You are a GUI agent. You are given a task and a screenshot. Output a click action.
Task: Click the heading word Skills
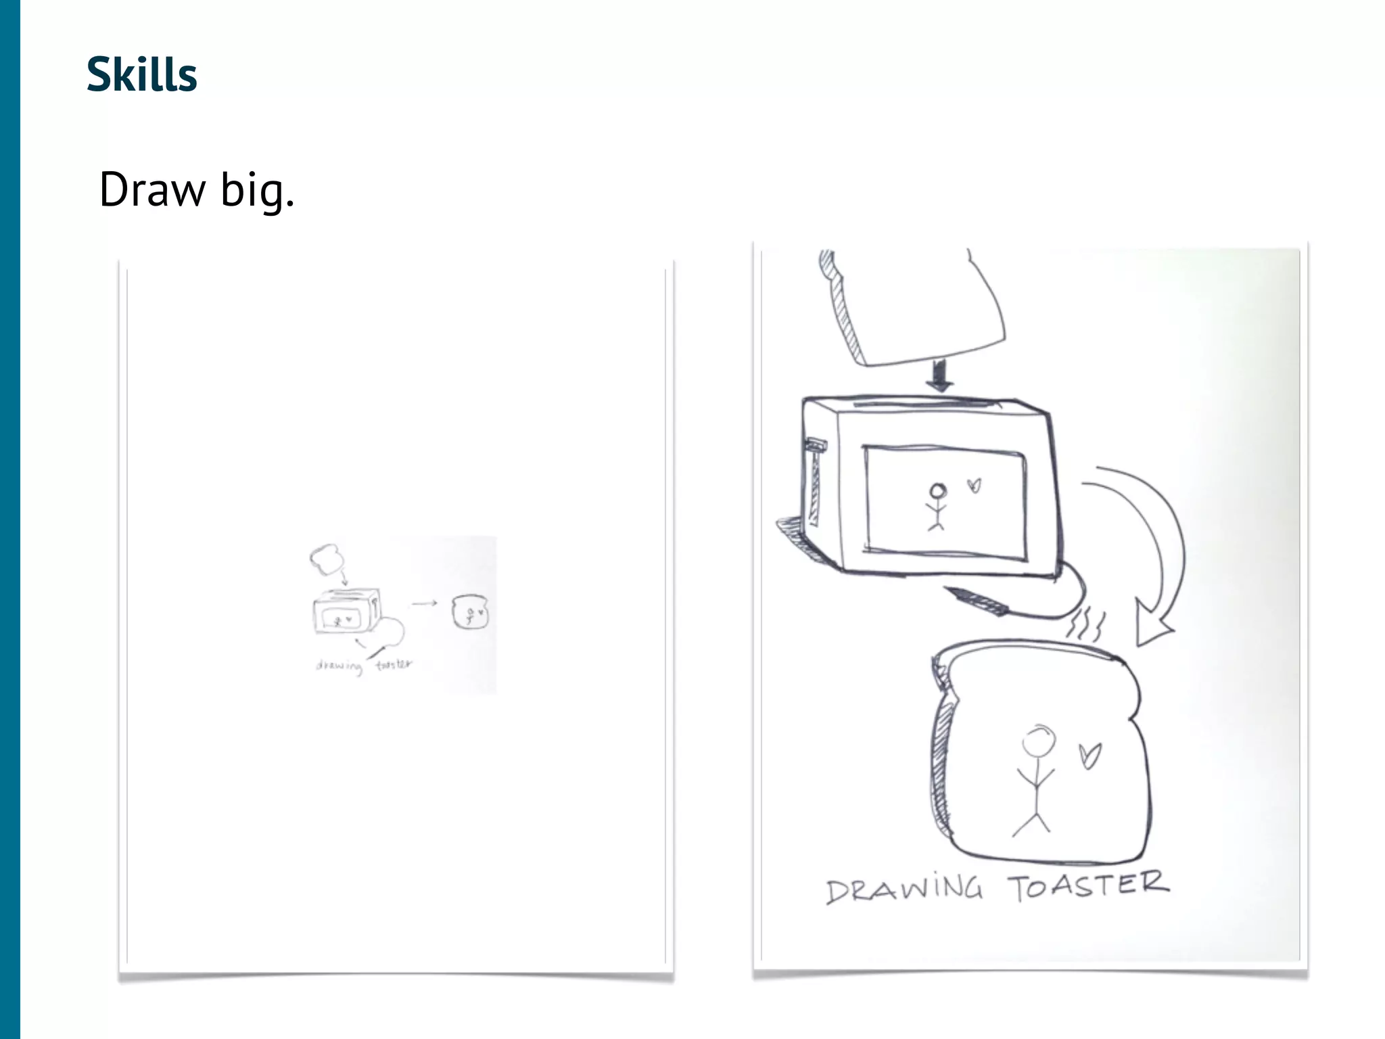click(x=142, y=74)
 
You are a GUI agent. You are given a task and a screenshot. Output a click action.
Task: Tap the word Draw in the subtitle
click(x=152, y=189)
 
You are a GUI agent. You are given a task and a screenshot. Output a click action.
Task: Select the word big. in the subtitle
click(x=258, y=189)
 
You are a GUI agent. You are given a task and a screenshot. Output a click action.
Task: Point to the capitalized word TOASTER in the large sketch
click(x=1088, y=885)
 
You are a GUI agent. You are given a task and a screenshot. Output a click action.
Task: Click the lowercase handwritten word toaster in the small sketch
click(x=394, y=664)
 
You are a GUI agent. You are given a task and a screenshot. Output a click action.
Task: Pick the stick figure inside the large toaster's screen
click(x=937, y=507)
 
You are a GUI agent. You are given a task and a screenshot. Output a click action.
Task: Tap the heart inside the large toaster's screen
click(x=974, y=485)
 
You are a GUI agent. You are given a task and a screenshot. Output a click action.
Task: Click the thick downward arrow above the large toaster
click(x=940, y=375)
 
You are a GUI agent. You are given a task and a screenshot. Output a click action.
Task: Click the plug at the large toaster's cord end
click(x=977, y=601)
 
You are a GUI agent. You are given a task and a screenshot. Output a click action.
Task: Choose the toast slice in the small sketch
click(x=469, y=611)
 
